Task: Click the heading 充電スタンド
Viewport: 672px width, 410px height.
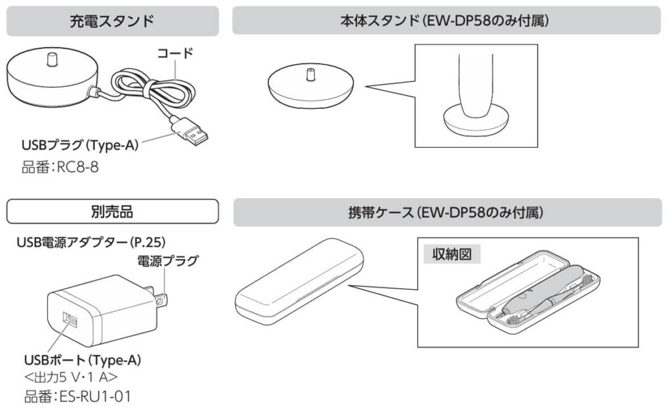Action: click(112, 21)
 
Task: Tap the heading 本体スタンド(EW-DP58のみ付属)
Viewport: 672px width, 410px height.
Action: click(446, 21)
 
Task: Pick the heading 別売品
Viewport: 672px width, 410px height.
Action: click(112, 212)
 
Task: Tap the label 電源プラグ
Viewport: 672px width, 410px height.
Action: click(167, 262)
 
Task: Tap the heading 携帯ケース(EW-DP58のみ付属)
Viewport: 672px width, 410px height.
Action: click(446, 213)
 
